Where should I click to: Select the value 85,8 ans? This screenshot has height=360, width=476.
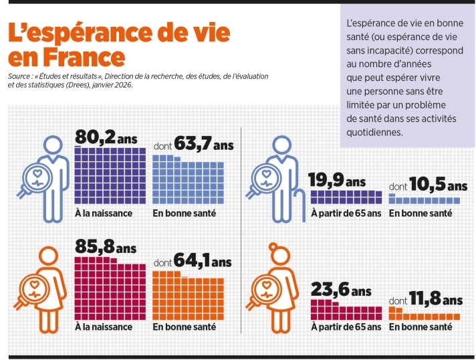tap(105, 248)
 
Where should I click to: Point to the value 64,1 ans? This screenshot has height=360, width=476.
tap(203, 260)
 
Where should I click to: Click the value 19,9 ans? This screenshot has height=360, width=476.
tap(337, 181)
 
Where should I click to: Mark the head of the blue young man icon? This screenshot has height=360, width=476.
tap(53, 143)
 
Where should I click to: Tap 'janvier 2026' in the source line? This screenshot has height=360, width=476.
tap(112, 85)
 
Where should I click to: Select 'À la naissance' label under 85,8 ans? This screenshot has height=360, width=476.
tap(104, 327)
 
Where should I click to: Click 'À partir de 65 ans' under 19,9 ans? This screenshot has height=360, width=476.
tap(346, 213)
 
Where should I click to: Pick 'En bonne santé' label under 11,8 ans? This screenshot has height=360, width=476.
tap(420, 327)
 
